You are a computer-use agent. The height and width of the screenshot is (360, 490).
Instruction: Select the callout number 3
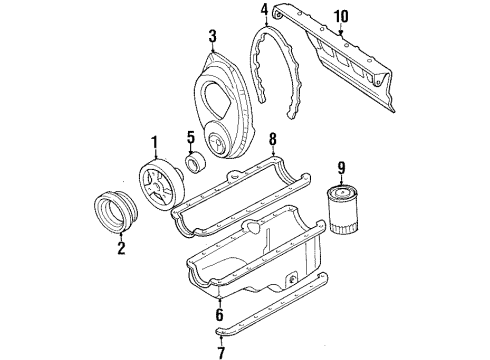(x=212, y=37)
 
